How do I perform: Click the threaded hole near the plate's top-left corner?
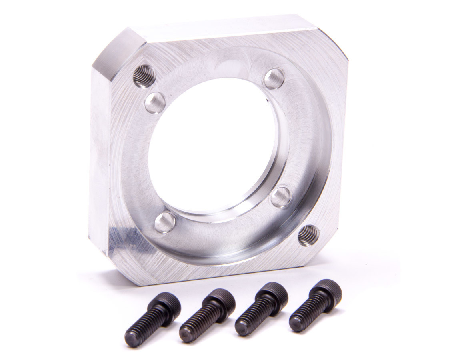coord(144,76)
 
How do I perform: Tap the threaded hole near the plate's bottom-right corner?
coord(308,235)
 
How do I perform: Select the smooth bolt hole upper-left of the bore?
coord(155,102)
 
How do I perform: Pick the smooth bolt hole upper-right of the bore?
coord(274,78)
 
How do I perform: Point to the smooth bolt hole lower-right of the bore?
coord(281,197)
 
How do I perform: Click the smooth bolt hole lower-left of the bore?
coord(165,222)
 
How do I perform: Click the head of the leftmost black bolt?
coord(168,304)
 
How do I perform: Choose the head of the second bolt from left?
coord(222,300)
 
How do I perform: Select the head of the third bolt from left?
coord(275,295)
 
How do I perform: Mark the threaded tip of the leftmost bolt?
coord(132,339)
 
